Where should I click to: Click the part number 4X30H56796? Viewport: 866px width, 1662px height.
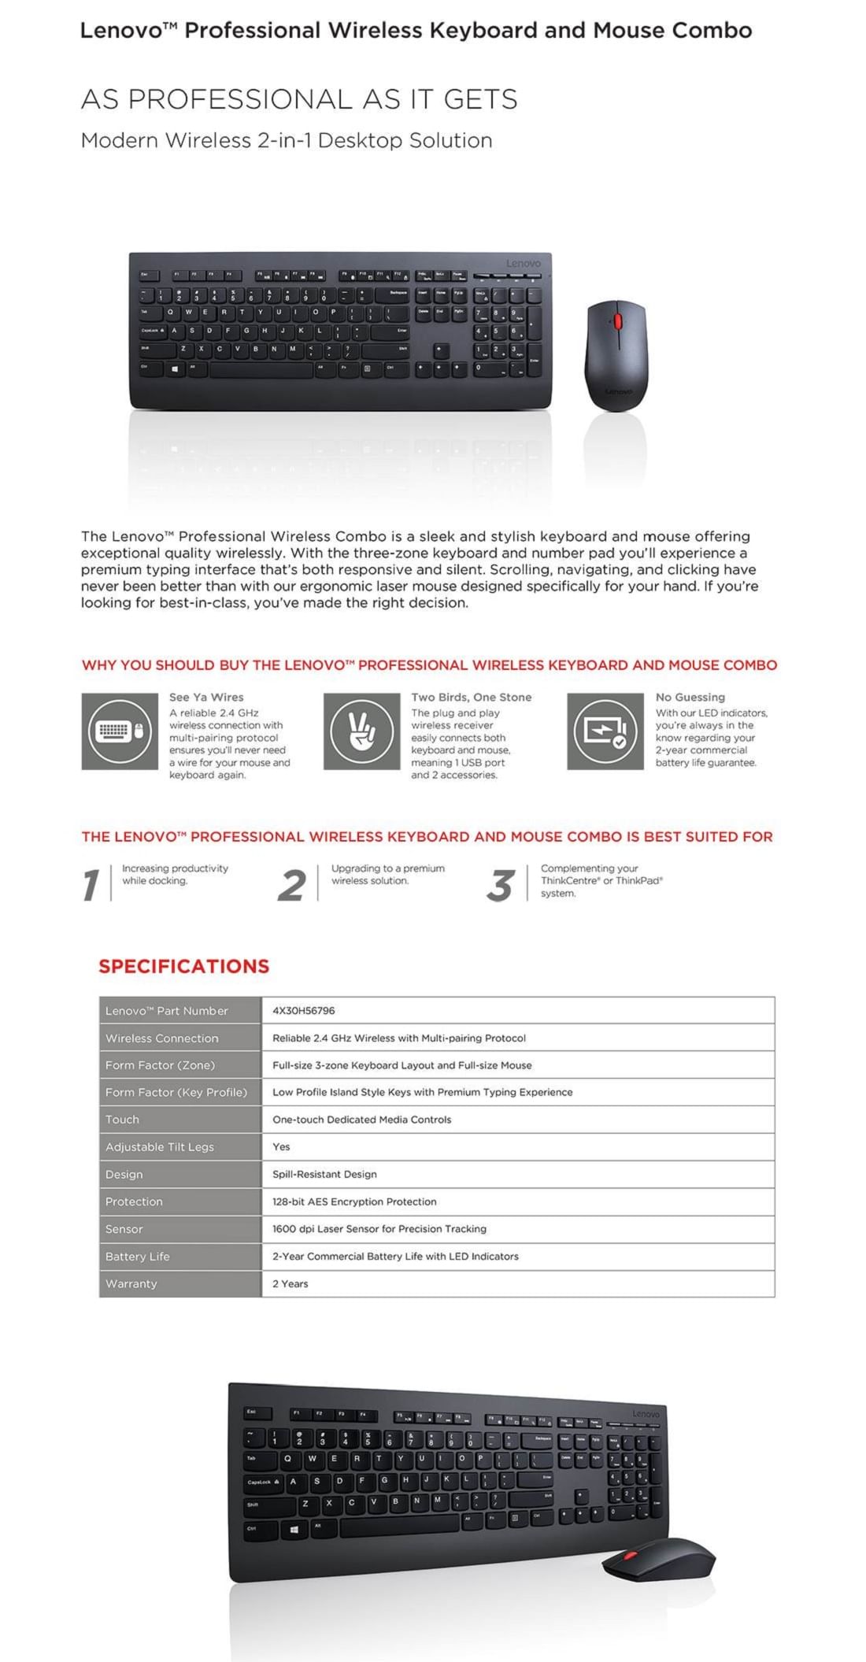click(x=303, y=1010)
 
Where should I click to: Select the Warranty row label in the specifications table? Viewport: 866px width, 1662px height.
click(x=131, y=1283)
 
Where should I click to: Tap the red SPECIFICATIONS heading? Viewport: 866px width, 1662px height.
click(x=183, y=966)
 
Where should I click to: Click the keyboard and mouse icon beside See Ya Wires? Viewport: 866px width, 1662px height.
click(x=120, y=731)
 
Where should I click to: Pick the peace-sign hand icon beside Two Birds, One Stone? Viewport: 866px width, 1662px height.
click(x=362, y=731)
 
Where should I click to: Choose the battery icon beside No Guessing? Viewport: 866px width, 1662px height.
click(x=605, y=731)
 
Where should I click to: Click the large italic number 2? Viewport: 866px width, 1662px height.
click(x=291, y=885)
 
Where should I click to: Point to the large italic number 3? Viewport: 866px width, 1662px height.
click(x=501, y=885)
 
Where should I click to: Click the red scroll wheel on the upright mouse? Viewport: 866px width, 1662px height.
click(x=618, y=321)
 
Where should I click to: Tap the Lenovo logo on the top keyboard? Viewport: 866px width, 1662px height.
click(x=523, y=263)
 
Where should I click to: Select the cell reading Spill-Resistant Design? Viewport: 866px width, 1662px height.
click(x=324, y=1174)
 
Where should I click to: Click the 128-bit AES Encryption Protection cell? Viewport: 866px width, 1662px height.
click(x=354, y=1201)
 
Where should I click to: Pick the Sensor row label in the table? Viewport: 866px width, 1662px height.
click(x=124, y=1229)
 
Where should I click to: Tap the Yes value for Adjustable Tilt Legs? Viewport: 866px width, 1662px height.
click(x=281, y=1146)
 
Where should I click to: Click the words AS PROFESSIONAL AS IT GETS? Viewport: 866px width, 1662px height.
click(x=299, y=99)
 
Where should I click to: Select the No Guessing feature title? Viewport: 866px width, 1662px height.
click(x=690, y=697)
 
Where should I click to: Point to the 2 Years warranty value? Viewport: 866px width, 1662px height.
click(x=290, y=1283)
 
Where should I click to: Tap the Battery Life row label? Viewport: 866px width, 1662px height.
click(x=138, y=1257)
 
